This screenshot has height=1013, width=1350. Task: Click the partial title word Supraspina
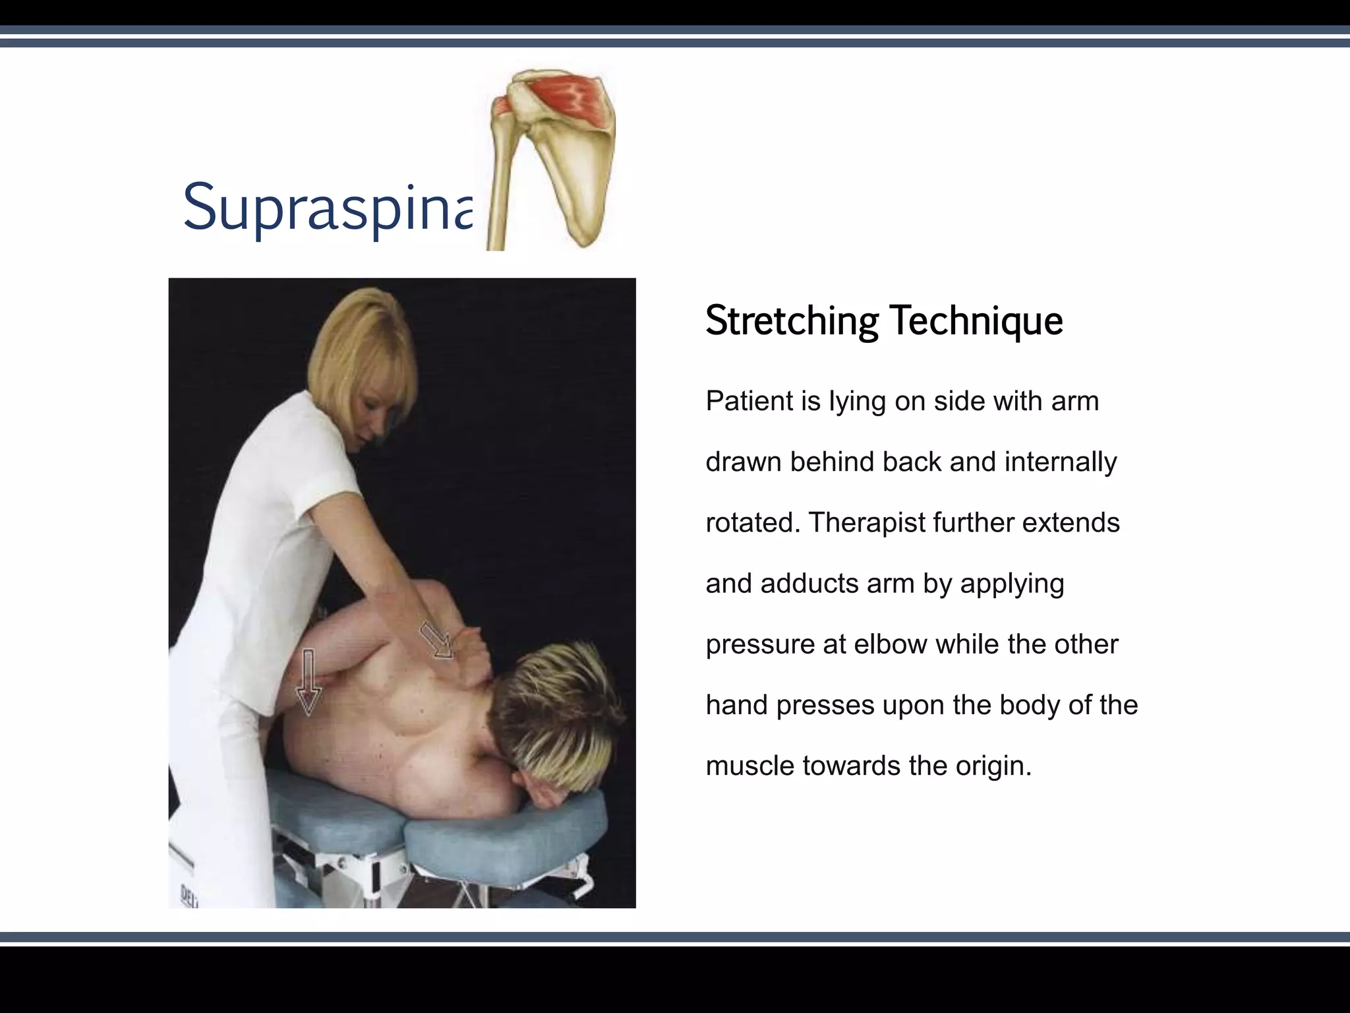tap(328, 208)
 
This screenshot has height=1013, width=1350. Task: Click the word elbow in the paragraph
tap(890, 644)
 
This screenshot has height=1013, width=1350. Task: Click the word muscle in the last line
tap(749, 766)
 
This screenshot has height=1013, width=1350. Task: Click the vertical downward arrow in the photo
tap(308, 683)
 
